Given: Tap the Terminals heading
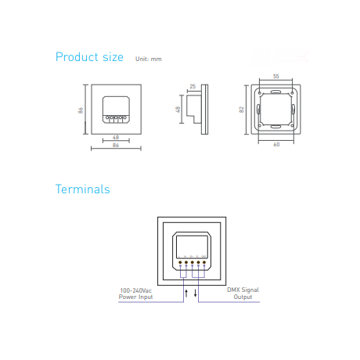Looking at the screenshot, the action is click(83, 189).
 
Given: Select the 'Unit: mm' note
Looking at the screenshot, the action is click(149, 59).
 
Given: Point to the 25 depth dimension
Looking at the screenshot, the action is click(193, 86).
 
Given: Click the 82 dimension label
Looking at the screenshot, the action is click(241, 110).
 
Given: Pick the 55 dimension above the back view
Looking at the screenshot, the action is click(276, 76).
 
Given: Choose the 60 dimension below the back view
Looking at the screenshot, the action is click(276, 144).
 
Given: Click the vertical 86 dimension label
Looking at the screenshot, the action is click(81, 110).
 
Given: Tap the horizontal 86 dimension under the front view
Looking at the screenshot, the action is click(116, 145).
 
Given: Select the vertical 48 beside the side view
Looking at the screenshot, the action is click(178, 110).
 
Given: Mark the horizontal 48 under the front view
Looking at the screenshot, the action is click(116, 138).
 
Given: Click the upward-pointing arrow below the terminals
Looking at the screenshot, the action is click(186, 293).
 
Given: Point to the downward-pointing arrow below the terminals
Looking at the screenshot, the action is click(195, 293).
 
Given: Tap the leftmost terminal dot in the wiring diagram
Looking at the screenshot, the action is click(180, 262).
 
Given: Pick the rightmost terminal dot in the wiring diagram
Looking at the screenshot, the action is click(204, 262).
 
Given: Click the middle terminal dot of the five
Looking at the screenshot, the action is click(193, 262).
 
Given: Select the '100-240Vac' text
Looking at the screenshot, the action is click(135, 290).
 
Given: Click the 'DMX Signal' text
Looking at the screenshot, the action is click(243, 290).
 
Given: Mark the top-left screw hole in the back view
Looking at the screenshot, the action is click(260, 93).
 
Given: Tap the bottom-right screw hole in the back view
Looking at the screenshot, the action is click(293, 126).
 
